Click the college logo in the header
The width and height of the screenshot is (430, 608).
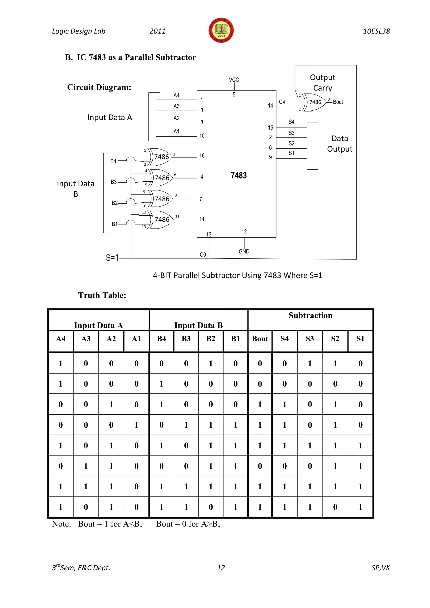[x=221, y=30]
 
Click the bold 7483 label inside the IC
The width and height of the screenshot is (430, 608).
[x=239, y=175]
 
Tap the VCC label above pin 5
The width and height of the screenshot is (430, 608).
[x=234, y=80]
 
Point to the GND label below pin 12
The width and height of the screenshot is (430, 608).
[x=244, y=251]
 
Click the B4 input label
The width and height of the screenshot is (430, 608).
[x=113, y=161]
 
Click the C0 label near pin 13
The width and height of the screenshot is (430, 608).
[x=203, y=254]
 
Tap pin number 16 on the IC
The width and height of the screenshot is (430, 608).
[x=202, y=156]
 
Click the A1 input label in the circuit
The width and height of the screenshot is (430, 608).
[x=176, y=131]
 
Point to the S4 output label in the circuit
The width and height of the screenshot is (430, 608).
[x=291, y=122]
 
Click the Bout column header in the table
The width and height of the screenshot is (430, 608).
[x=260, y=339]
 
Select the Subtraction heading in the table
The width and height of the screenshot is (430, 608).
[x=310, y=315]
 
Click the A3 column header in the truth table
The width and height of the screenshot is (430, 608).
[x=86, y=339]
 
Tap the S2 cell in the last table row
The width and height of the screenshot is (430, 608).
[x=335, y=507]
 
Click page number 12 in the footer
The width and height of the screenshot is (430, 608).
[x=221, y=567]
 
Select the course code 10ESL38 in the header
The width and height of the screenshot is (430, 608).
[x=376, y=31]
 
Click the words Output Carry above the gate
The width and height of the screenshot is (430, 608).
[x=322, y=83]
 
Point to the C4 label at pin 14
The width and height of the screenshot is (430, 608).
[x=282, y=102]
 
